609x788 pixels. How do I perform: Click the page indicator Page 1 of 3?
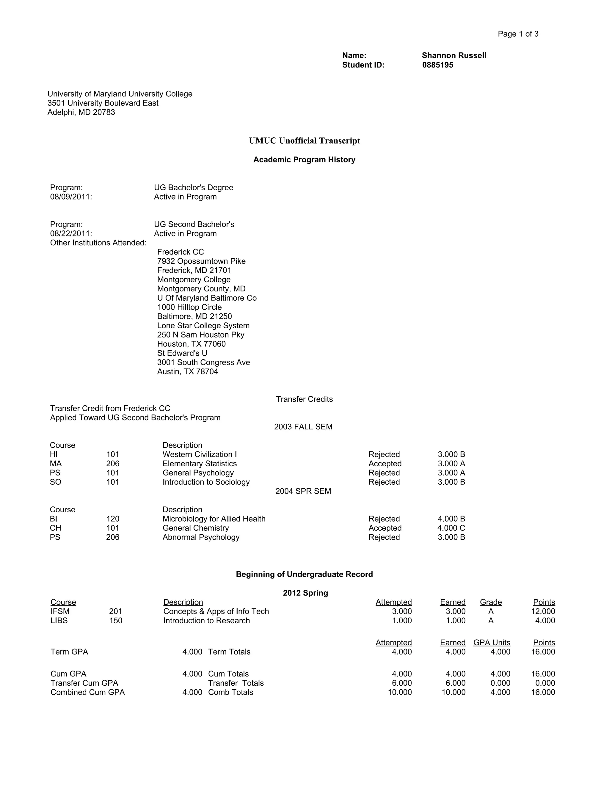[x=518, y=34]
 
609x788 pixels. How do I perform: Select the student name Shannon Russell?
[x=454, y=56]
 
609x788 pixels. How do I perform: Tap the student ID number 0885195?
[x=438, y=65]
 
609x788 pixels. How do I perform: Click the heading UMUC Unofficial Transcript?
[x=304, y=141]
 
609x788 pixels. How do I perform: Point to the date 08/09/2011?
[x=71, y=197]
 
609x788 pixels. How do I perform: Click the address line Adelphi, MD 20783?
[x=81, y=112]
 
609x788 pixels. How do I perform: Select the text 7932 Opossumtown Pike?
[x=201, y=261]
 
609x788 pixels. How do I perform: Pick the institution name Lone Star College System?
[x=203, y=325]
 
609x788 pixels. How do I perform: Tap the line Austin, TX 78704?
[x=188, y=372]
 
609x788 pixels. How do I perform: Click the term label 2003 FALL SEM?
[x=303, y=427]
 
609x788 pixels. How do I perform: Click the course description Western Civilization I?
[x=200, y=455]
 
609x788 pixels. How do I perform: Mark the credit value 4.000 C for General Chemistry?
[x=451, y=528]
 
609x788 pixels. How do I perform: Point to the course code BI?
[x=54, y=519]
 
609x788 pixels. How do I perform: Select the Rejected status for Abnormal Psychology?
[x=384, y=537]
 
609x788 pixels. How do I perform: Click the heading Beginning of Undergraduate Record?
[x=304, y=574]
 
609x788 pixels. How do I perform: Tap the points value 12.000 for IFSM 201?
[x=543, y=612]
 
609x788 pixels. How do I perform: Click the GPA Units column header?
[x=491, y=643]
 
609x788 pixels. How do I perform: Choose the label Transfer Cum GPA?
[x=84, y=683]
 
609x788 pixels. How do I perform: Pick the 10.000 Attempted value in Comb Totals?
[x=399, y=692]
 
